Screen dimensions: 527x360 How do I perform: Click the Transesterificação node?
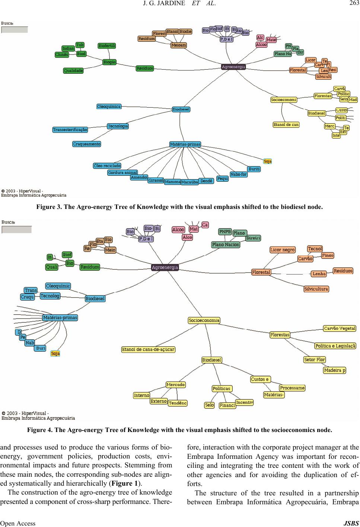70,130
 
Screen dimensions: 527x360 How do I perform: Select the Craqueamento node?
87,144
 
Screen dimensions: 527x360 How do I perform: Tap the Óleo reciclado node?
107,165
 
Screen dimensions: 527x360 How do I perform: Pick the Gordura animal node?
122,172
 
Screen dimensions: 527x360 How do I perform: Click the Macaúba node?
189,182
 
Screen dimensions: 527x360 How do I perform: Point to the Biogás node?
109,62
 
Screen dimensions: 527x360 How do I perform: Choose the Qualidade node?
73,70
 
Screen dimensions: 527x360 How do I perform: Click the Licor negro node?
283,250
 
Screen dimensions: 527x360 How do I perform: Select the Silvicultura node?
316,289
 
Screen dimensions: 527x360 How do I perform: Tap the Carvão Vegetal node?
340,328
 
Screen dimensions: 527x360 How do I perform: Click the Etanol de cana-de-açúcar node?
148,349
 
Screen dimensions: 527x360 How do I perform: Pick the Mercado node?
176,384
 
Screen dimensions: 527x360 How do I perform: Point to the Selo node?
210,405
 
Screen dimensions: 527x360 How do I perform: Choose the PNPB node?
225,231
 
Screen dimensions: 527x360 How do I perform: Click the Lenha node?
319,274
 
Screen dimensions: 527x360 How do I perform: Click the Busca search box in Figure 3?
15,30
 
